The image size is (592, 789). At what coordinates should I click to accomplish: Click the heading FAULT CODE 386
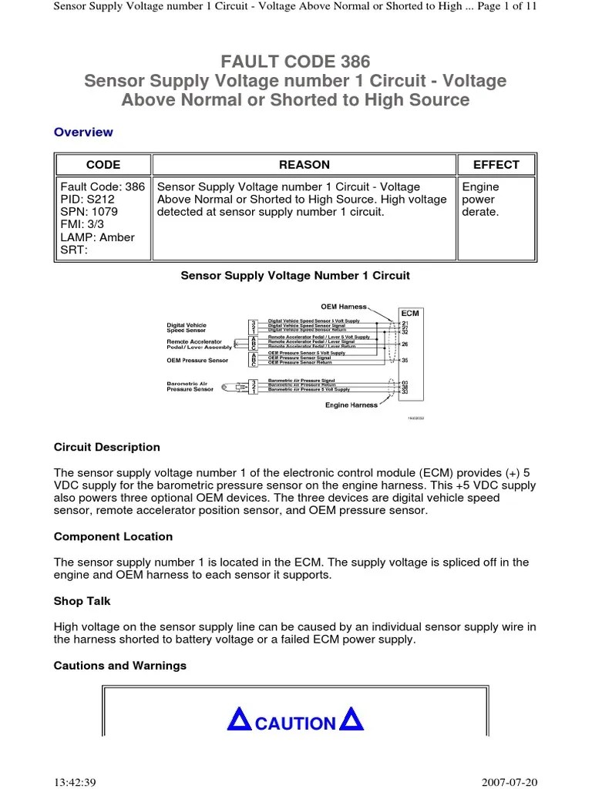click(x=295, y=62)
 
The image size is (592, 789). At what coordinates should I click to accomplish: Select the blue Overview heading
click(x=83, y=132)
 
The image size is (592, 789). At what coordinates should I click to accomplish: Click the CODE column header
click(x=103, y=164)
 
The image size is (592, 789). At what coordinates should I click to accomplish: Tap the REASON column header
click(x=304, y=164)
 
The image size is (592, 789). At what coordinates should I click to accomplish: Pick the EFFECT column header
click(x=496, y=164)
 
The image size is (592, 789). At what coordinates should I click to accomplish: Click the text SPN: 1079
click(x=89, y=212)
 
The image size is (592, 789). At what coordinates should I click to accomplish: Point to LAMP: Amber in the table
click(x=96, y=237)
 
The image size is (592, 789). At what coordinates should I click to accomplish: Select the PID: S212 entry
click(x=87, y=200)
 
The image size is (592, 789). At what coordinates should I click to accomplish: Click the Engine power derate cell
click(x=481, y=200)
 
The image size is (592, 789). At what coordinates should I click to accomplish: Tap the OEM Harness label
click(x=344, y=307)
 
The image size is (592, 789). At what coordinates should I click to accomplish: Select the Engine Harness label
click(x=351, y=405)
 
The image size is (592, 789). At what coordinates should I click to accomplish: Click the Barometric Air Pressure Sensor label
click(x=190, y=386)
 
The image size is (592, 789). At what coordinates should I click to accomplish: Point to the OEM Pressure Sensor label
click(x=197, y=360)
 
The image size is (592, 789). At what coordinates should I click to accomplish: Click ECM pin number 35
click(x=405, y=360)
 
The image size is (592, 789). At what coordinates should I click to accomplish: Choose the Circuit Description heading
click(x=107, y=447)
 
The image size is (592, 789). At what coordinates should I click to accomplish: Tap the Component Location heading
click(x=113, y=536)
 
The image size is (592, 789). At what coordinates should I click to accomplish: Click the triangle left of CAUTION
click(x=240, y=721)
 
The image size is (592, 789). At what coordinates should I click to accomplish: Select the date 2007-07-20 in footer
click(x=510, y=781)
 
